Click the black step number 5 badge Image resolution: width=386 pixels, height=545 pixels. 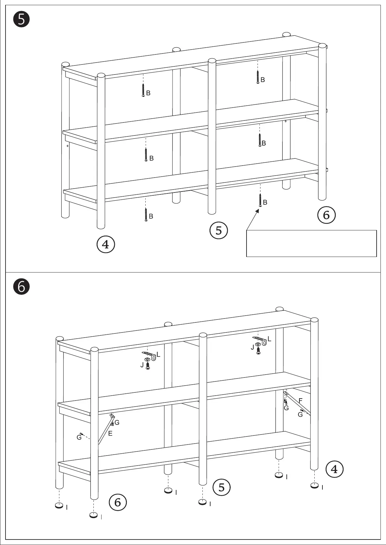tap(21, 19)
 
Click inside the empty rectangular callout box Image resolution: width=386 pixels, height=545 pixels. tap(311, 243)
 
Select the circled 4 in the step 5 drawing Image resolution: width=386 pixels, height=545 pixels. tap(106, 244)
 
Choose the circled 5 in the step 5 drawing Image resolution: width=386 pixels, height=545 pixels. tap(219, 230)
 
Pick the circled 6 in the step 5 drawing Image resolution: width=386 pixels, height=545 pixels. tap(326, 215)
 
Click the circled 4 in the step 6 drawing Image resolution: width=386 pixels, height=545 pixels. tap(334, 469)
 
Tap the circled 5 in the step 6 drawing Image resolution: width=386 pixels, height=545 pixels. tap(222, 487)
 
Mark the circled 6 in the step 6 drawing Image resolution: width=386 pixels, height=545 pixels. tap(117, 502)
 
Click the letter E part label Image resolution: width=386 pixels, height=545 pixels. tap(110, 434)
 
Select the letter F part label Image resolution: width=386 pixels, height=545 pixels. tap(300, 400)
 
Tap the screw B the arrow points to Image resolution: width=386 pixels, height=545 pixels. tap(260, 200)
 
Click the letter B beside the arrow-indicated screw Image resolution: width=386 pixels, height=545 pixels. tap(265, 203)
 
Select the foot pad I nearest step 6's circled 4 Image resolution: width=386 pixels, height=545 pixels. tap(314, 485)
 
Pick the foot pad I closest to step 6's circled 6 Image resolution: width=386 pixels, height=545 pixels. tap(93, 515)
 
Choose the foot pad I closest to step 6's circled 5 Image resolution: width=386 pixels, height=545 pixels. tap(202, 502)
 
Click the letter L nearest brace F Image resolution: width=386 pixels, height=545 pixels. tap(269, 339)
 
